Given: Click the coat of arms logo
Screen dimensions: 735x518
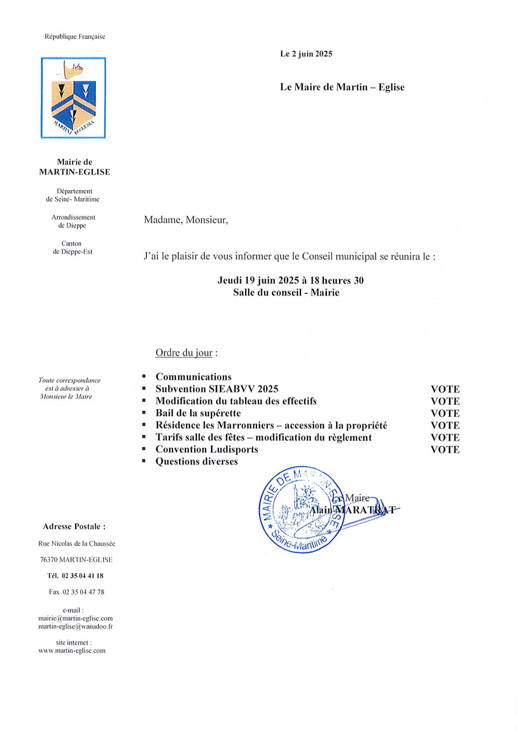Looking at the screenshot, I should click(73, 98).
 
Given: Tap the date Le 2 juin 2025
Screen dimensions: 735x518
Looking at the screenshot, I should click(306, 54).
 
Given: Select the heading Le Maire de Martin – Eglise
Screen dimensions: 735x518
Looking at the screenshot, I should click(342, 87).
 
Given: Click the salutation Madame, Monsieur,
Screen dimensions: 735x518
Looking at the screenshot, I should click(186, 220).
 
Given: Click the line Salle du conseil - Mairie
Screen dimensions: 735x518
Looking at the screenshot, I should click(286, 292).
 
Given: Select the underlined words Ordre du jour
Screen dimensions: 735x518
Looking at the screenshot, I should click(184, 353).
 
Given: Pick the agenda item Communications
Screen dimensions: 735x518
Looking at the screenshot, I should click(194, 377).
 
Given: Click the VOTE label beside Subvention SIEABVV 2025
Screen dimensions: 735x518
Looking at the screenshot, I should click(445, 389).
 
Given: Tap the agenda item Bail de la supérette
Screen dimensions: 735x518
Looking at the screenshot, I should click(198, 413).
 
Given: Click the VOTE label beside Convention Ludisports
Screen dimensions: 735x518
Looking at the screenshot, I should click(445, 450).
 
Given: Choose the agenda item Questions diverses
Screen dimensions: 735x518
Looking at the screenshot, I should click(196, 461).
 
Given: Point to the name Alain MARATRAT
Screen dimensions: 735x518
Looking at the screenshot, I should click(352, 509).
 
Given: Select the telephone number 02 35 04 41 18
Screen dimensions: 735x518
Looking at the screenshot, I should click(82, 576).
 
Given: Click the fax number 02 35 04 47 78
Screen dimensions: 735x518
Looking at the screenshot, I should click(83, 592).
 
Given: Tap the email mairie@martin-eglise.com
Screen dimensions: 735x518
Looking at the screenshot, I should click(75, 618).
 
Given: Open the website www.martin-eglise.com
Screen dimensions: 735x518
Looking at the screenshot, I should click(72, 650).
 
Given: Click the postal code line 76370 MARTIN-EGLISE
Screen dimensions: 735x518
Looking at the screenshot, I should click(76, 559).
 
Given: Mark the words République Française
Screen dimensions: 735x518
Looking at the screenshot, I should click(75, 37).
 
